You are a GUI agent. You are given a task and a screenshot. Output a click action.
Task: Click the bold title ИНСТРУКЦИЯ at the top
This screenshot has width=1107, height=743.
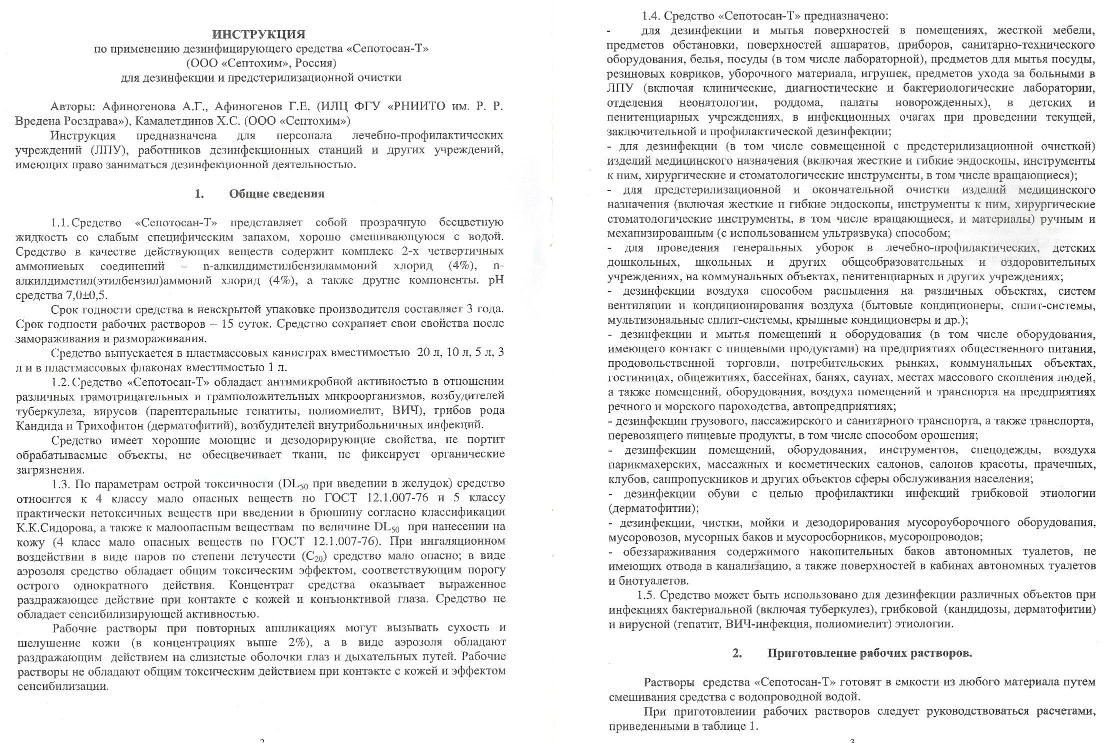coord(258,34)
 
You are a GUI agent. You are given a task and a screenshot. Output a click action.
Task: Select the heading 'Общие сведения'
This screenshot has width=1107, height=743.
coord(276,194)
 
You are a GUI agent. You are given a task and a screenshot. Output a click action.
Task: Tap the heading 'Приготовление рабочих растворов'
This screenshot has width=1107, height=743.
coord(869,653)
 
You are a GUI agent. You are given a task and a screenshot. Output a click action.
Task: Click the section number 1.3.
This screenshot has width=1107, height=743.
coord(61,483)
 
